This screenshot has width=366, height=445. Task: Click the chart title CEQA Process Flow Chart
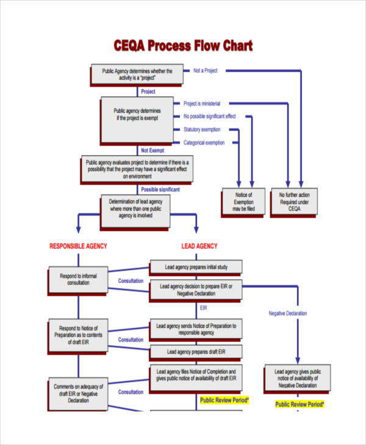click(183, 46)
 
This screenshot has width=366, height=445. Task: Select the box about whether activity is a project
click(137, 74)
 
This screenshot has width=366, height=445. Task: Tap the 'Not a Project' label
click(206, 71)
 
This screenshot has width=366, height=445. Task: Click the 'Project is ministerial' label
click(202, 104)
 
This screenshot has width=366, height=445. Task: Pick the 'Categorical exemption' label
click(204, 143)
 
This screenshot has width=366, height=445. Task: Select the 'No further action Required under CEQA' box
click(294, 202)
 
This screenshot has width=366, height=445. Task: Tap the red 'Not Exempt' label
click(153, 150)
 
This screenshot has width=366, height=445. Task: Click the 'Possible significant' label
click(160, 190)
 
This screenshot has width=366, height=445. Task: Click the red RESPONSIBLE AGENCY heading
click(78, 246)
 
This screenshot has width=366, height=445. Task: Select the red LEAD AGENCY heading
click(199, 246)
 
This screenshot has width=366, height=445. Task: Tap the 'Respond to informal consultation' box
click(78, 279)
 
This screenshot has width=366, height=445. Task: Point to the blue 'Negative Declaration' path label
click(288, 313)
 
